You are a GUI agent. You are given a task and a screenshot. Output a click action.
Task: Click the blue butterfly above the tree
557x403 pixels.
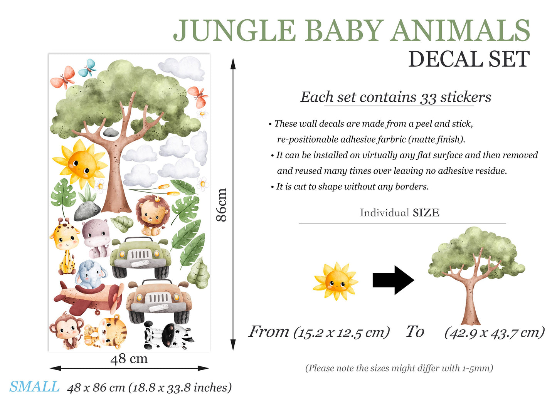(x=88, y=68)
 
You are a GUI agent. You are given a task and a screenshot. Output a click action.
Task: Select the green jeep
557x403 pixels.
(x=140, y=257)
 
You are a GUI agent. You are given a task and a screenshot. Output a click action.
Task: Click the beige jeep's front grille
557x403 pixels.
(x=158, y=298)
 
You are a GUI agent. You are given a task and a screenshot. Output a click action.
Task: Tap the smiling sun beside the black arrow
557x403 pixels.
(x=336, y=282)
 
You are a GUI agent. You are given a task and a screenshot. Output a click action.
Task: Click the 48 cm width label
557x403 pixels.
(x=129, y=359)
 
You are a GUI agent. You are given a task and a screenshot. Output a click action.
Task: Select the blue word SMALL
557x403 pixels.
(x=34, y=387)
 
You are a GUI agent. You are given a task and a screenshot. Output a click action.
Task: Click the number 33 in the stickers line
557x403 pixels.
(x=428, y=98)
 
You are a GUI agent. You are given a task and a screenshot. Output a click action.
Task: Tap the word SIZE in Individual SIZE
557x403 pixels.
(x=426, y=213)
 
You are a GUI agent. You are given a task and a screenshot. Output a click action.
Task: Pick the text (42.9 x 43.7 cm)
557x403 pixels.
(x=494, y=332)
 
